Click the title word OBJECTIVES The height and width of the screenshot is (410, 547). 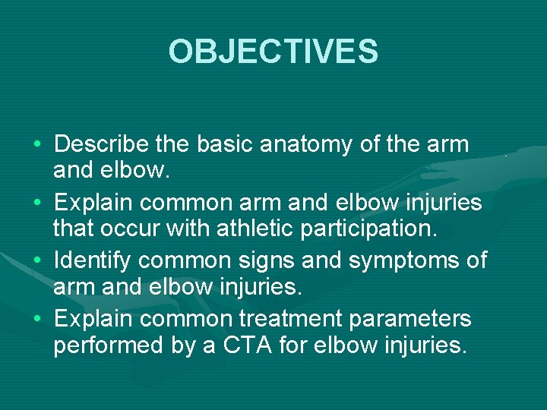tap(273, 52)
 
